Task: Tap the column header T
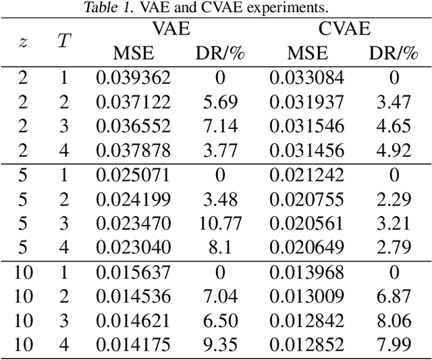pyautogui.click(x=64, y=41)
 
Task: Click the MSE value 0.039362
pyautogui.click(x=134, y=77)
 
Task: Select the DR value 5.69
pyautogui.click(x=219, y=102)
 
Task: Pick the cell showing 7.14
pyautogui.click(x=219, y=126)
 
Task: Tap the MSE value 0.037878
pyautogui.click(x=134, y=151)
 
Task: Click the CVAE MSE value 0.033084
pyautogui.click(x=307, y=77)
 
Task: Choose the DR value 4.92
pyautogui.click(x=394, y=151)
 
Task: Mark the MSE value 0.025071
pyautogui.click(x=134, y=176)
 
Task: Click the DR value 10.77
pyautogui.click(x=219, y=224)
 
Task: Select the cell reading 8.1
pyautogui.click(x=219, y=249)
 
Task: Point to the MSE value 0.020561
pyautogui.click(x=307, y=224)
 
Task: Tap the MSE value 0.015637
pyautogui.click(x=134, y=274)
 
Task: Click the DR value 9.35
pyautogui.click(x=219, y=346)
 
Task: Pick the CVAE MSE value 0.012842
pyautogui.click(x=307, y=322)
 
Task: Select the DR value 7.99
pyautogui.click(x=394, y=346)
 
